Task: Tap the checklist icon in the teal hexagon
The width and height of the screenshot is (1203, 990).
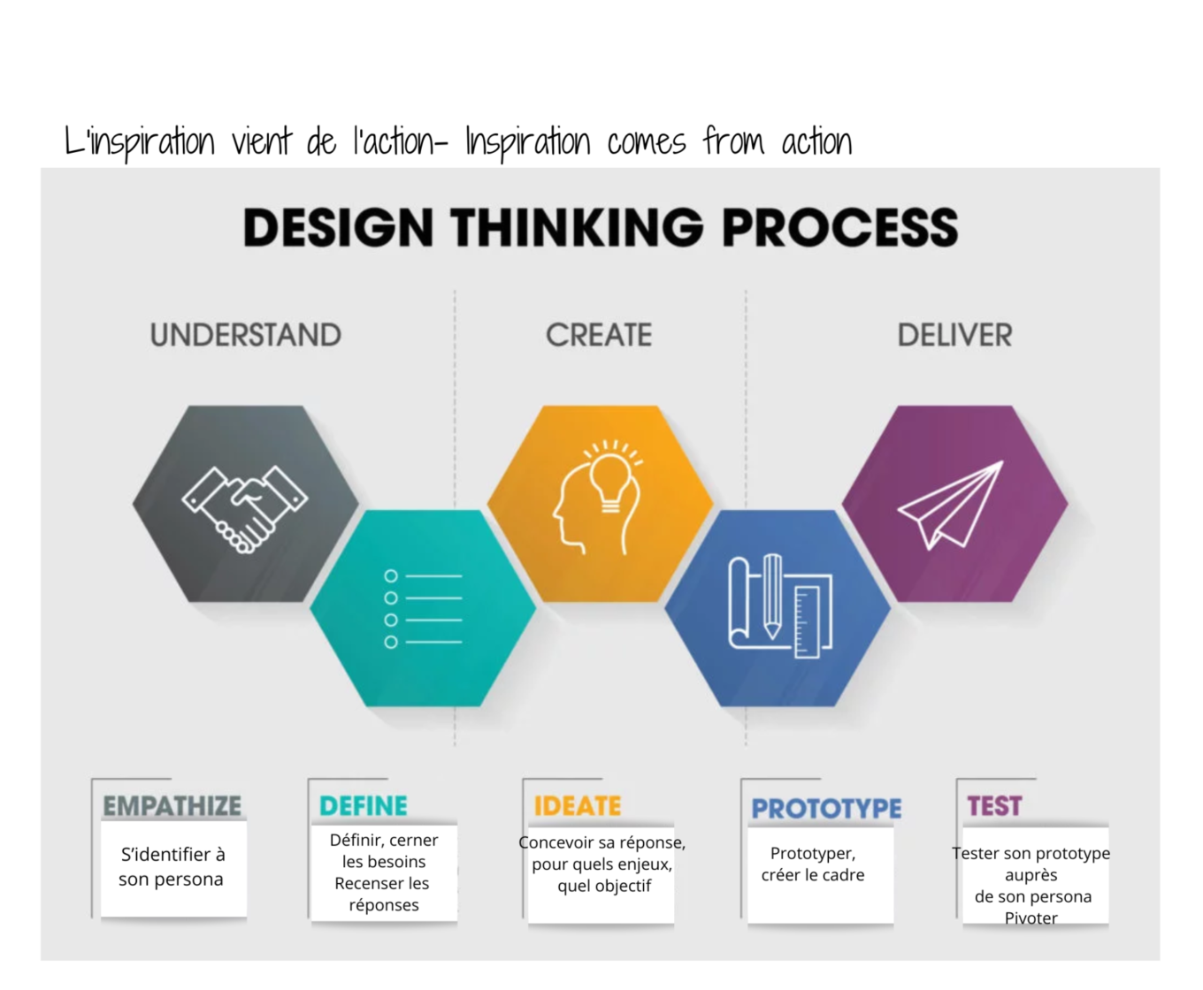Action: [423, 609]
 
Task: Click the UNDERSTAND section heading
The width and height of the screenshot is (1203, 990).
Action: [245, 336]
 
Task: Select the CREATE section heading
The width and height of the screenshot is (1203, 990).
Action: [599, 336]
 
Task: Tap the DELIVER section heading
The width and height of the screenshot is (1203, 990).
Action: [954, 336]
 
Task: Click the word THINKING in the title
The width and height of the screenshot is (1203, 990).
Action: [577, 228]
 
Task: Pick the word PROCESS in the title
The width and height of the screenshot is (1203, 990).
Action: [839, 228]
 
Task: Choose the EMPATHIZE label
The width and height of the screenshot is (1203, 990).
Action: [172, 806]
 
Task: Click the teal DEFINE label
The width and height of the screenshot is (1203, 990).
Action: [364, 806]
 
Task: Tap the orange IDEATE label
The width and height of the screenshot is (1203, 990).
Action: [578, 806]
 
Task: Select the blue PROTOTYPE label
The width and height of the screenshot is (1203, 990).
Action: [826, 809]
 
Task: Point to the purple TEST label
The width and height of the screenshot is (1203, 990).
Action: [994, 806]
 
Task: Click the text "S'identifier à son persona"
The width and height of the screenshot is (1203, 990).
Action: [172, 866]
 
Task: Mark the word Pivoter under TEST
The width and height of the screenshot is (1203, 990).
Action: [1031, 918]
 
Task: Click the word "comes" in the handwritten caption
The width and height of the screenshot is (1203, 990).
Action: [646, 142]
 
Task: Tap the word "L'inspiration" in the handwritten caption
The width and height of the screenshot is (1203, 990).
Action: [140, 142]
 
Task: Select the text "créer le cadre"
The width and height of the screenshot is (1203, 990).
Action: [813, 875]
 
